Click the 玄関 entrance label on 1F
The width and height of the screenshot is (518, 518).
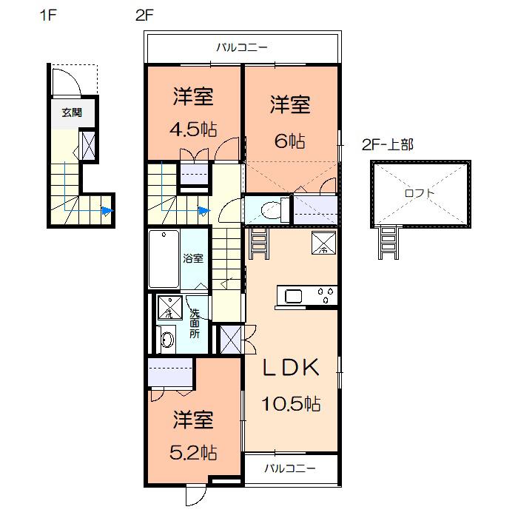point(72,112)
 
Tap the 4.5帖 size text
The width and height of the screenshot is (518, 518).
point(193,129)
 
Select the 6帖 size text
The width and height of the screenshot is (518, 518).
point(290,141)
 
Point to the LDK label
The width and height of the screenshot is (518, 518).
point(291,367)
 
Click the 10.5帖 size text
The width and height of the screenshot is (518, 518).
point(291,403)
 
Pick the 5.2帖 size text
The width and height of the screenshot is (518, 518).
point(193,453)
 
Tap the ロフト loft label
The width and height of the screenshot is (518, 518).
point(420,193)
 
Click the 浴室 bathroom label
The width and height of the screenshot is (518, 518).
point(193,258)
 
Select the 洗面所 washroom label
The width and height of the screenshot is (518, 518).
point(195,323)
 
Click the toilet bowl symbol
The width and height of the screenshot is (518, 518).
point(272,209)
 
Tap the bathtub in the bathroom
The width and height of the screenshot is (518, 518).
point(164,259)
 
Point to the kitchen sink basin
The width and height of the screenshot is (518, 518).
point(293,296)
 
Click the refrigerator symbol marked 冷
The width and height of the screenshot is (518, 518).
point(324,243)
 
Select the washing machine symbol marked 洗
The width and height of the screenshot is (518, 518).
point(169,307)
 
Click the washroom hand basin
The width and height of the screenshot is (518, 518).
point(167,339)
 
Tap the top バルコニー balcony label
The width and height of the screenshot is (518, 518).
point(242,47)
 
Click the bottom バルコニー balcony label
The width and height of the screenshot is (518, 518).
point(290,468)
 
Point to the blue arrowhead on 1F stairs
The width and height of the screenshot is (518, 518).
point(107,210)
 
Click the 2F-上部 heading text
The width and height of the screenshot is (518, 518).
point(388,144)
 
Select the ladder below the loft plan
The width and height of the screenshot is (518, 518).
point(388,242)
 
